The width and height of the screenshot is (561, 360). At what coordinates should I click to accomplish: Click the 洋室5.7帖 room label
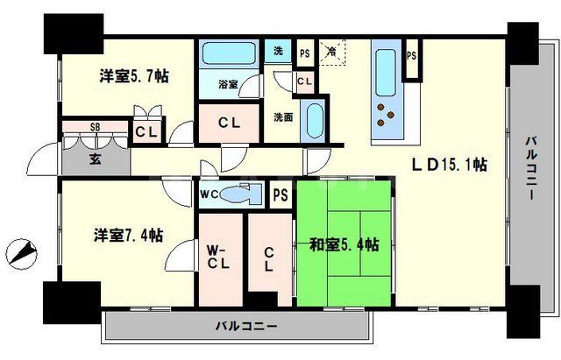click(x=132, y=77)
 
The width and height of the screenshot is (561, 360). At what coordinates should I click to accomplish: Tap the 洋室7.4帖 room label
click(x=128, y=235)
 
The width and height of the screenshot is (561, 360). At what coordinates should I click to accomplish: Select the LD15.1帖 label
click(x=451, y=164)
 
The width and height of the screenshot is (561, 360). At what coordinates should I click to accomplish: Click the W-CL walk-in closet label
click(x=218, y=258)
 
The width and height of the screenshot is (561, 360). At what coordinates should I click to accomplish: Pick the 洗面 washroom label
click(x=282, y=116)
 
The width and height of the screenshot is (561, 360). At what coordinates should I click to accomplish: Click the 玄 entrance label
click(x=96, y=159)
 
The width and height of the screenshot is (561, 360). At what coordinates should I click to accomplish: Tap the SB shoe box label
click(x=95, y=128)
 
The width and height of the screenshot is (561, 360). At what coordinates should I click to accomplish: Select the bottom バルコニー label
click(x=247, y=327)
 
